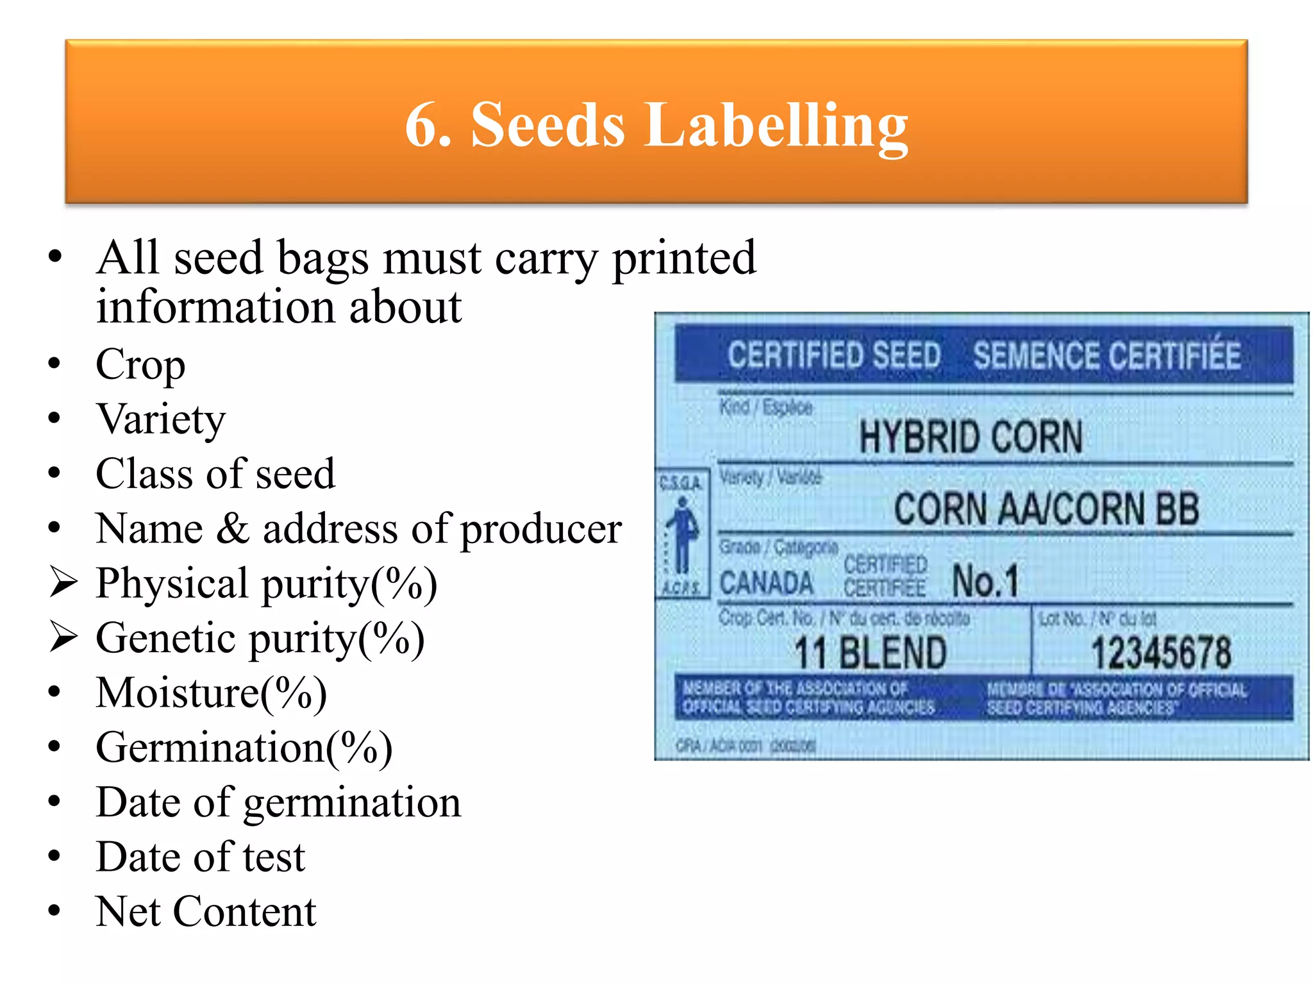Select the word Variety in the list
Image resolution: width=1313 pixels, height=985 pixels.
pos(161,420)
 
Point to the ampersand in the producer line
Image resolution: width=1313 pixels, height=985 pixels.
pos(233,529)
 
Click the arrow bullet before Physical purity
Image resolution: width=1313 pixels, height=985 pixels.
pos(63,582)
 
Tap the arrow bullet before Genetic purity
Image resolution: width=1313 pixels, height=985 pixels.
pos(63,637)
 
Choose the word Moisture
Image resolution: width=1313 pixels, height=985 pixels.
pos(177,693)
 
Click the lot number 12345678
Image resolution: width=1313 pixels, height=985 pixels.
pos(1161,653)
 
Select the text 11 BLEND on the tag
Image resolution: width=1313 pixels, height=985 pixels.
pos(870,653)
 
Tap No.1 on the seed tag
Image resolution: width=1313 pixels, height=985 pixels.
pos(985,581)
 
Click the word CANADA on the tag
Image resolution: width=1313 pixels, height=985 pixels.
pos(766,583)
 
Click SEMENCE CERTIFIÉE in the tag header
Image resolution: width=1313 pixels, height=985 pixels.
pos(1107,355)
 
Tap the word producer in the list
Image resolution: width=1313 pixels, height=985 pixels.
pos(540,530)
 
